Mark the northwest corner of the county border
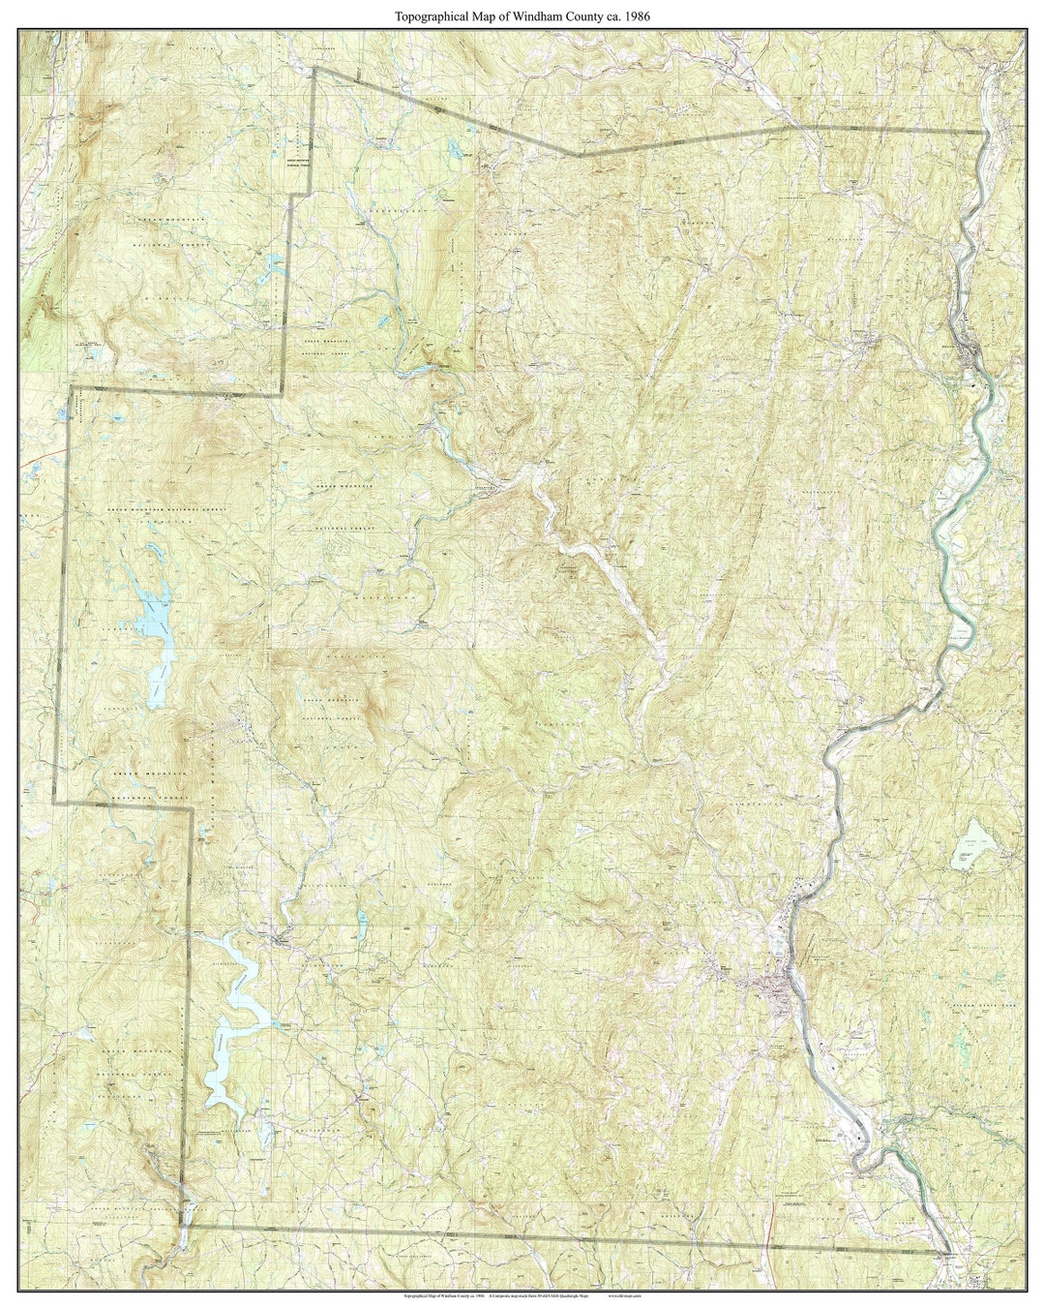point(313,69)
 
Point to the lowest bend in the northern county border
point(579,154)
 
